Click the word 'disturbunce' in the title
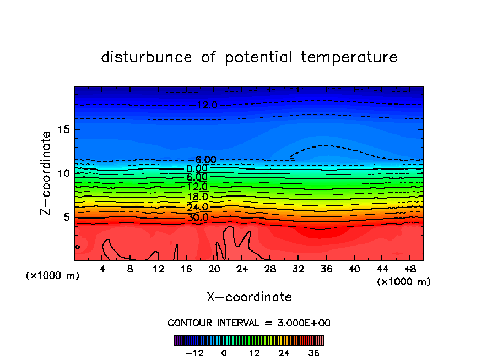pyautogui.click(x=147, y=57)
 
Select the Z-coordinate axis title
pyautogui.click(x=46, y=173)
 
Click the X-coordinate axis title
pyautogui.click(x=249, y=297)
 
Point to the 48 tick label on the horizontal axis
pyautogui.click(x=409, y=270)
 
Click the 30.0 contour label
pyautogui.click(x=197, y=217)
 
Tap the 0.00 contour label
pyautogui.click(x=197, y=168)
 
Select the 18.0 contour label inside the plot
pyautogui.click(x=197, y=197)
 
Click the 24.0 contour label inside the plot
pyautogui.click(x=197, y=208)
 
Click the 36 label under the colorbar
pyautogui.click(x=313, y=353)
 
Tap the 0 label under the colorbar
pyautogui.click(x=224, y=353)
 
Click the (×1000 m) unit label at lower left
pyautogui.click(x=53, y=275)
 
